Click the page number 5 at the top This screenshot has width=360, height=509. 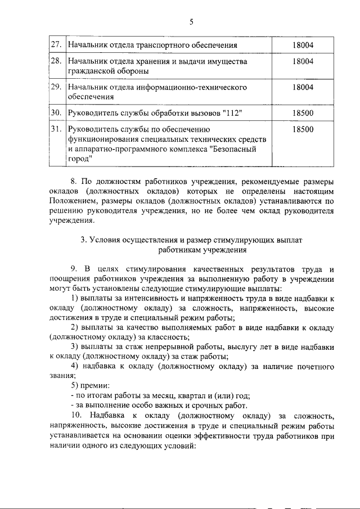click(191, 22)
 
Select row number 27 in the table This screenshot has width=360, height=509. click(56, 44)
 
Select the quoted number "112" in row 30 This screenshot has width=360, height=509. click(232, 114)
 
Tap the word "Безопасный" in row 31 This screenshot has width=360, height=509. click(232, 150)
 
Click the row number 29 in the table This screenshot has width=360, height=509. click(56, 87)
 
